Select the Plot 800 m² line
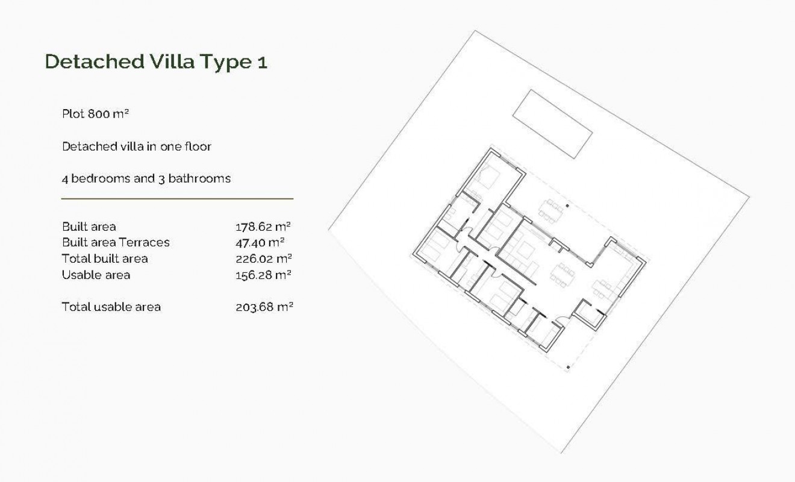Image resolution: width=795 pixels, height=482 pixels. click(96, 113)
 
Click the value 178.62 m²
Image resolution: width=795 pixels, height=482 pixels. click(263, 227)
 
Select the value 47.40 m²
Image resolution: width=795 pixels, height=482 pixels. click(260, 242)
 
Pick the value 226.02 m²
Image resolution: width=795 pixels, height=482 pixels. click(263, 258)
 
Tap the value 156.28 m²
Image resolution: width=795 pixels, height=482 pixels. click(263, 275)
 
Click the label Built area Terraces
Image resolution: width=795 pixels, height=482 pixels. click(116, 242)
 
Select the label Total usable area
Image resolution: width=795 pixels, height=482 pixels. click(111, 307)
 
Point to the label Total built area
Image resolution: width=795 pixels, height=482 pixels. click(105, 258)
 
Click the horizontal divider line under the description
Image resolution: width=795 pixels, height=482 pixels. click(177, 198)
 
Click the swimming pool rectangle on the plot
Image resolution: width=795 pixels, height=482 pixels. click(552, 124)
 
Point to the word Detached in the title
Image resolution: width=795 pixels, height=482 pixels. click(93, 61)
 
